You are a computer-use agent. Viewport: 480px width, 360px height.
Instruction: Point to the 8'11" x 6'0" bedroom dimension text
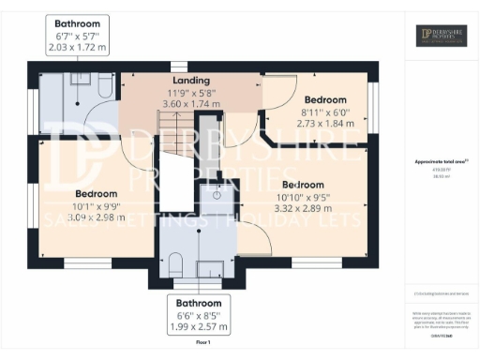coord(324,112)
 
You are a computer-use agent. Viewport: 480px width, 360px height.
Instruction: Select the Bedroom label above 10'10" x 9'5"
coord(303,185)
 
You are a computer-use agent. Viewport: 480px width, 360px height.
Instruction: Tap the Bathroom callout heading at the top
coord(79,23)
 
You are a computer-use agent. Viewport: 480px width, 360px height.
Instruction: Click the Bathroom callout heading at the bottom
coord(199,303)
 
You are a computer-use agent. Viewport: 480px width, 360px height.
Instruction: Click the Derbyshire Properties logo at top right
coord(442,35)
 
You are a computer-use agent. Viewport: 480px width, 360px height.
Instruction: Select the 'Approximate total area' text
coord(440,161)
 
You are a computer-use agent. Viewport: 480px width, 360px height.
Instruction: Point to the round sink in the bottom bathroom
coord(213,194)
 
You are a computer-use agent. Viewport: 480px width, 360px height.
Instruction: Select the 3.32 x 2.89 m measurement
coord(303,209)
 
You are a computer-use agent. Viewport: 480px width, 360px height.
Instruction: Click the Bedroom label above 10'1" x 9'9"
coord(97,193)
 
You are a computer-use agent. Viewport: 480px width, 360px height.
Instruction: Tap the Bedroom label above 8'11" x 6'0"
coord(324,99)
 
